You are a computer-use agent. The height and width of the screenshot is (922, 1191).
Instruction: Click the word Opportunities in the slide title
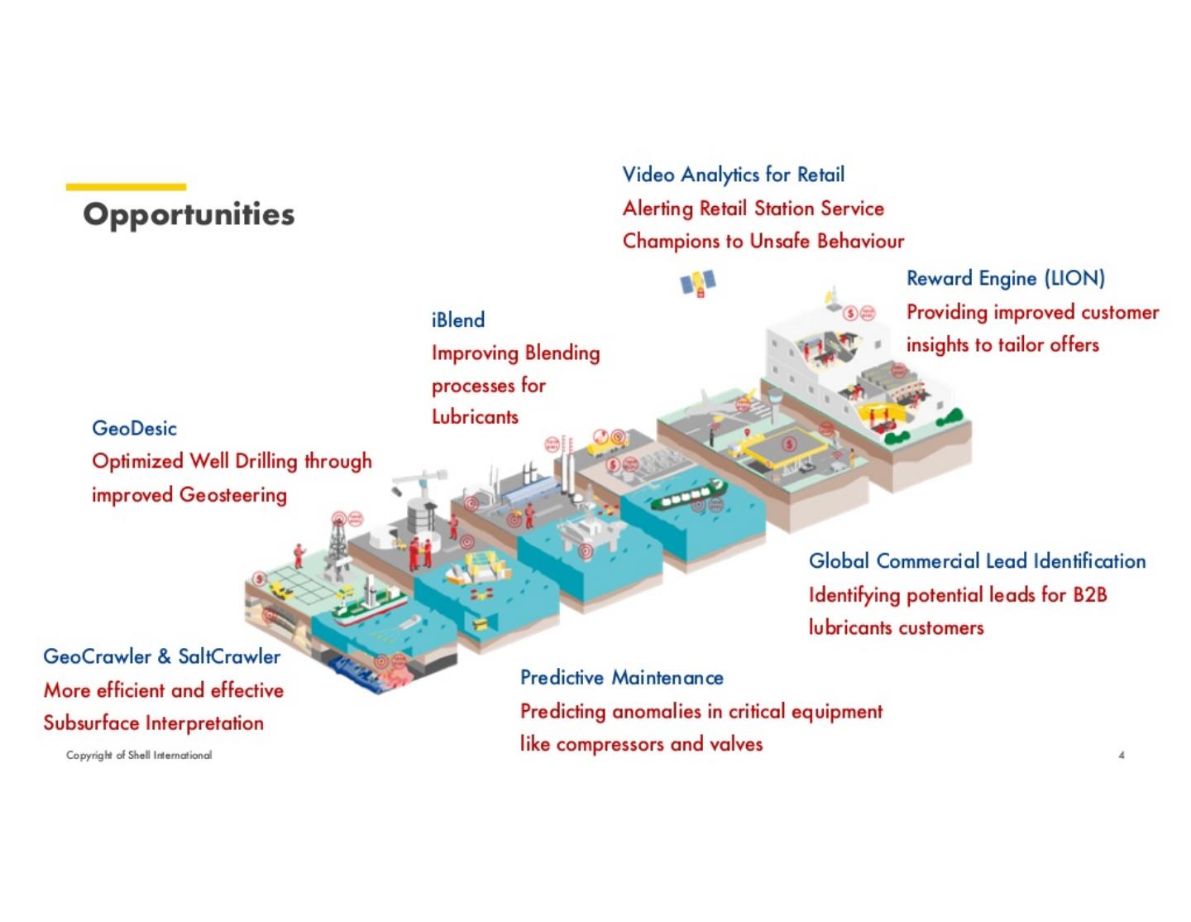(x=189, y=214)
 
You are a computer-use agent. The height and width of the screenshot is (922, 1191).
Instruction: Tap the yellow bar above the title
(x=126, y=187)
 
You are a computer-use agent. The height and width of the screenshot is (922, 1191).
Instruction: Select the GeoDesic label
(x=134, y=429)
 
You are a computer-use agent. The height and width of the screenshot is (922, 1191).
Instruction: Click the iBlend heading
(x=458, y=320)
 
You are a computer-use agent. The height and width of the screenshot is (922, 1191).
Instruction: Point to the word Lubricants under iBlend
(x=475, y=416)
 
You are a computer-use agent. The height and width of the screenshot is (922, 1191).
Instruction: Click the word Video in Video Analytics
(x=648, y=175)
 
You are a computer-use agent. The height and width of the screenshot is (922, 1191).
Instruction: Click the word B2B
(x=1090, y=595)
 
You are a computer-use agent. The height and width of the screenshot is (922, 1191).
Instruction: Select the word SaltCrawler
(x=229, y=657)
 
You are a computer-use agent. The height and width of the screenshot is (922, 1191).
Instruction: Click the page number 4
(x=1121, y=755)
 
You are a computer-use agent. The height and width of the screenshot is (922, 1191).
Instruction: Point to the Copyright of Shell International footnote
(x=139, y=755)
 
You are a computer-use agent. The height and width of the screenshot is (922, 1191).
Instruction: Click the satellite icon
(x=697, y=283)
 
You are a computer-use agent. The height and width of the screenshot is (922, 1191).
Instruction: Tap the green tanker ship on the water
(x=687, y=497)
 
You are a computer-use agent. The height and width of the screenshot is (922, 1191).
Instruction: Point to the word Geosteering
(x=233, y=495)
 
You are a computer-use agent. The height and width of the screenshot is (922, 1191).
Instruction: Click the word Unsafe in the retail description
(x=780, y=241)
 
